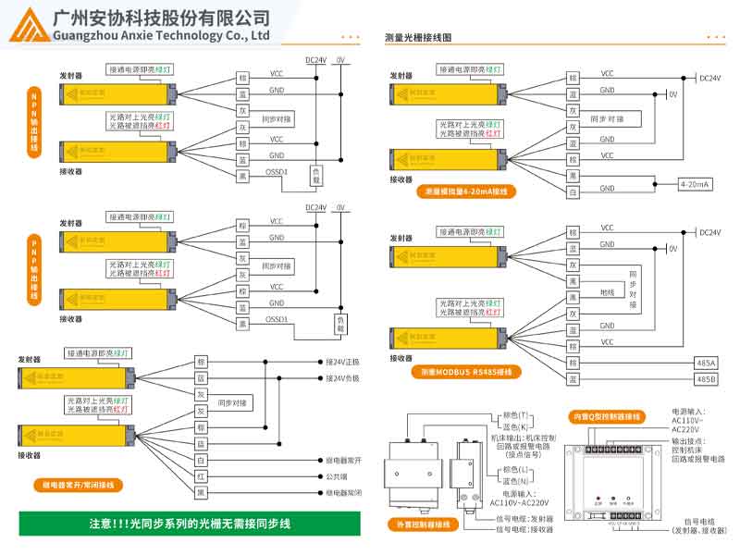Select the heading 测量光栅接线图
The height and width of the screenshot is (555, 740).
click(418, 38)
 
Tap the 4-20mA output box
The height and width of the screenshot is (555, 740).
click(695, 184)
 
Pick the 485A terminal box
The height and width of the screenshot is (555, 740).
click(705, 364)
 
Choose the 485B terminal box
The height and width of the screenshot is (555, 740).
click(705, 379)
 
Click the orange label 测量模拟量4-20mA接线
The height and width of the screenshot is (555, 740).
click(466, 192)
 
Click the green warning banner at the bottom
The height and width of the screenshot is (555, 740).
click(189, 524)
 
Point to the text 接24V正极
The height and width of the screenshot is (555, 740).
click(342, 362)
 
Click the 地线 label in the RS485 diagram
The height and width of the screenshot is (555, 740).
click(607, 292)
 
